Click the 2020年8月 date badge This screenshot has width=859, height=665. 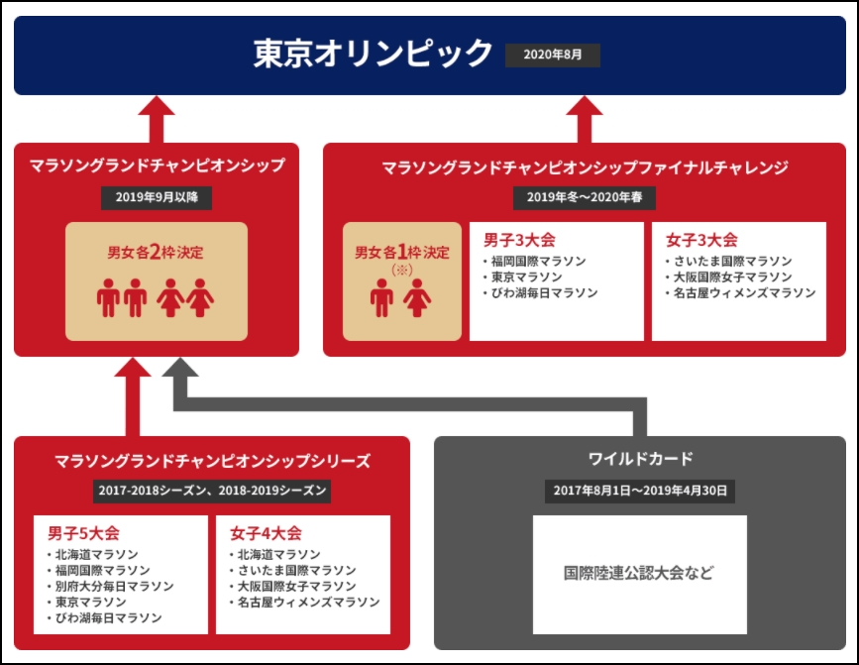tap(552, 55)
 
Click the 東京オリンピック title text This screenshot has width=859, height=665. tap(373, 54)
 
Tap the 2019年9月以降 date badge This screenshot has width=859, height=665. tap(157, 197)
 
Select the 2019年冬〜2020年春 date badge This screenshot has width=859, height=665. tap(584, 197)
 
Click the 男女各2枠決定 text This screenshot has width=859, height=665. tap(156, 252)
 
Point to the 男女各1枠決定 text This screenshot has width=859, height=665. tap(402, 252)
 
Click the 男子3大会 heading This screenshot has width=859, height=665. tap(519, 240)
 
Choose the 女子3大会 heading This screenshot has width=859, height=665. tap(701, 240)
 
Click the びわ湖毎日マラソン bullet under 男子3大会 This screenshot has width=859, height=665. tap(541, 293)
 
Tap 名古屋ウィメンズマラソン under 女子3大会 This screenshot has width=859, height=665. tap(741, 293)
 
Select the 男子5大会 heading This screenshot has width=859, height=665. tap(83, 533)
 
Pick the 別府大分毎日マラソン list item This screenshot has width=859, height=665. tap(111, 586)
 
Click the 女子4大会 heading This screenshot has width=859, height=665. tap(266, 533)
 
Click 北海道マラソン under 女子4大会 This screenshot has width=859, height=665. tap(275, 554)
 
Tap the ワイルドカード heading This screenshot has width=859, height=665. tap(640, 459)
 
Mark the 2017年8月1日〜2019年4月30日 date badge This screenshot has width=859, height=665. tap(640, 491)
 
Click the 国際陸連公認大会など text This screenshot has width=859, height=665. tap(639, 573)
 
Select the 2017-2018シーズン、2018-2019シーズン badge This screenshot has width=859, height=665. tap(212, 491)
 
